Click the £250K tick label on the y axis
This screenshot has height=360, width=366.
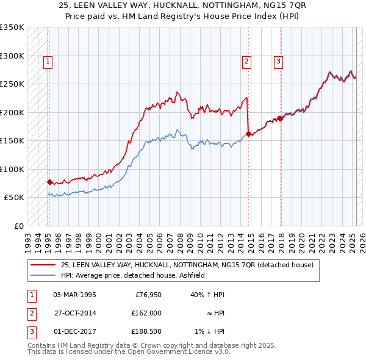click(x=12, y=84)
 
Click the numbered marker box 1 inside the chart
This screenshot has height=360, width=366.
click(x=48, y=60)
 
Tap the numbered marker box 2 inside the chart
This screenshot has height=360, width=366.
click(x=246, y=60)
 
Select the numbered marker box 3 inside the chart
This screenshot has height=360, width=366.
click(x=278, y=60)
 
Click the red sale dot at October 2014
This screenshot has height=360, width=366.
click(x=248, y=134)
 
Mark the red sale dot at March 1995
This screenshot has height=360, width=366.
click(x=49, y=182)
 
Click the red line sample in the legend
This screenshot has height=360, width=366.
click(x=43, y=265)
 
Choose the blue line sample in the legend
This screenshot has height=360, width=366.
click(x=43, y=275)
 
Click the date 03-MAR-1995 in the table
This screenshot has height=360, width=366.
click(x=74, y=295)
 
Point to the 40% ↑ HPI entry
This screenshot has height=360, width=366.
click(x=208, y=295)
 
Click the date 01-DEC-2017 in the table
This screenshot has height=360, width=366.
click(x=74, y=331)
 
